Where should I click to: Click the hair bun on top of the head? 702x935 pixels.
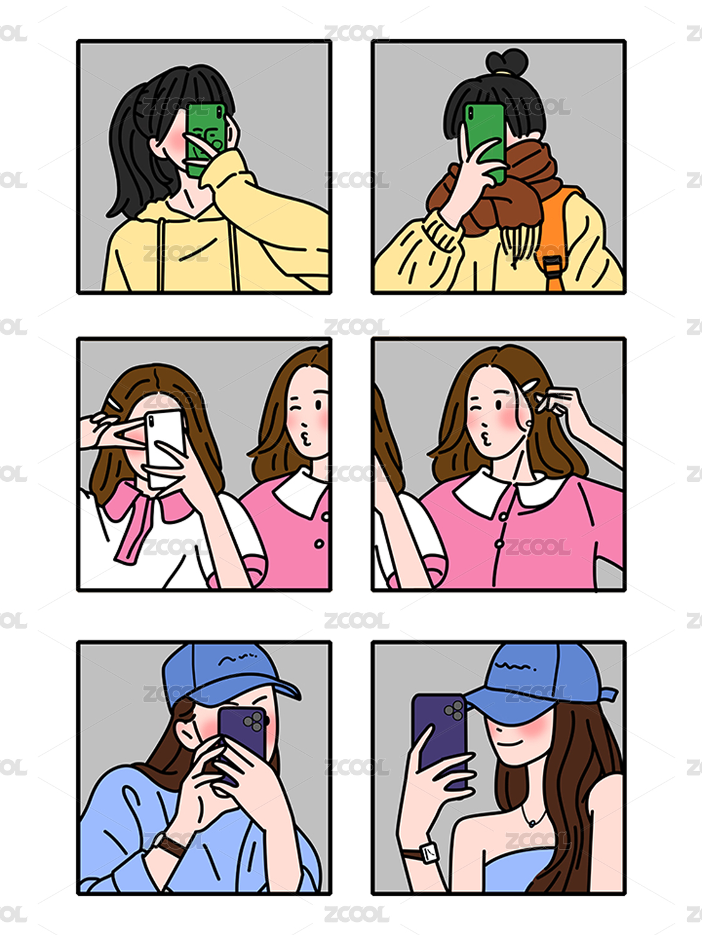(507, 61)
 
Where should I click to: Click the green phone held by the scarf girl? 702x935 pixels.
(485, 142)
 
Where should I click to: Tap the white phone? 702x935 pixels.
(165, 448)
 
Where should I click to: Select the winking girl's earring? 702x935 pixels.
(529, 423)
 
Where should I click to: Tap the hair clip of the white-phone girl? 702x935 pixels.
(112, 403)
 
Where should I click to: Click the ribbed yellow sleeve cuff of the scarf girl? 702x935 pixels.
(443, 230)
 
